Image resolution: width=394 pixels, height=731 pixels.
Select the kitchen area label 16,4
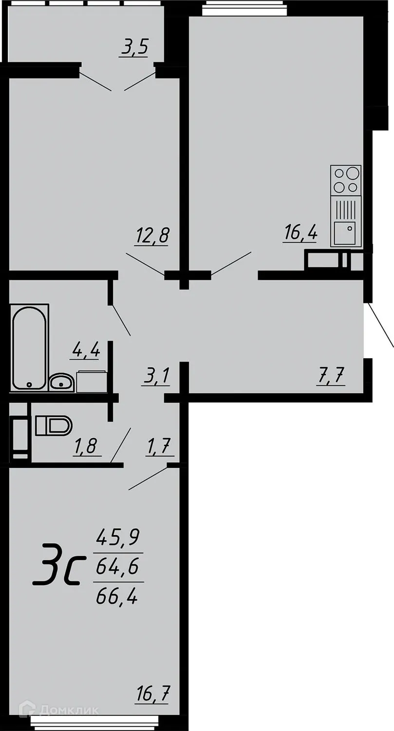click(x=300, y=233)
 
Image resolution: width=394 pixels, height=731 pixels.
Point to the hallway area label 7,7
click(x=332, y=376)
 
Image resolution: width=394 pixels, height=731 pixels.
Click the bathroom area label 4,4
click(x=86, y=349)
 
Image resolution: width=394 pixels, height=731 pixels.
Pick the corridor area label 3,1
click(x=156, y=376)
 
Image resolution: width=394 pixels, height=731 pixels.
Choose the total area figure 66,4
click(x=117, y=596)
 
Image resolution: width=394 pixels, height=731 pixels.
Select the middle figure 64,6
click(x=118, y=566)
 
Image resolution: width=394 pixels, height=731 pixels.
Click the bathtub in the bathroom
click(x=29, y=347)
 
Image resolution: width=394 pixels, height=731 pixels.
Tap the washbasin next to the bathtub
click(x=61, y=382)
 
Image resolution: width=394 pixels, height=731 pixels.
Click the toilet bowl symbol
click(x=53, y=425)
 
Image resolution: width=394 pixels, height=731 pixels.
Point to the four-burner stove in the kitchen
click(x=346, y=180)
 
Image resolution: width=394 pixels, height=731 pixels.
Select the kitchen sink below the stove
click(x=346, y=233)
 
